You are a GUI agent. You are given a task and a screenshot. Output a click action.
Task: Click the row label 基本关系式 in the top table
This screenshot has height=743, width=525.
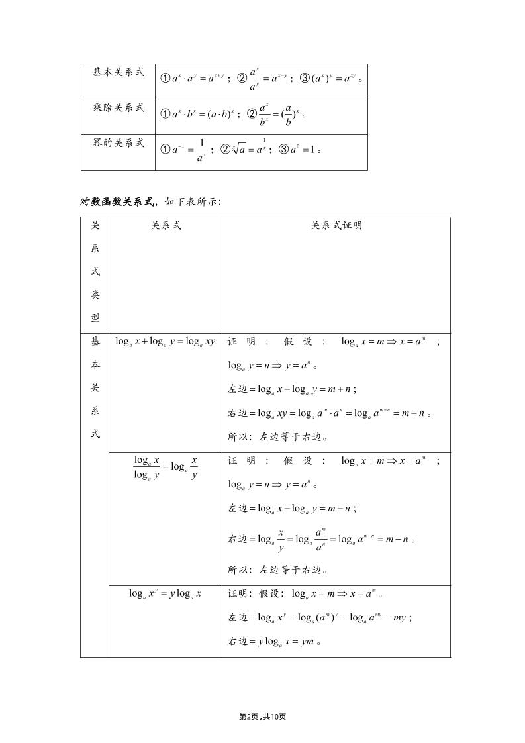119,72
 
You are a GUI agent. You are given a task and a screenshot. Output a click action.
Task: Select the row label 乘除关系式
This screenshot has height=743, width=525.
119,107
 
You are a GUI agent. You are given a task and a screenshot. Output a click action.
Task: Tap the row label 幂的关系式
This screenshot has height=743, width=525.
119,143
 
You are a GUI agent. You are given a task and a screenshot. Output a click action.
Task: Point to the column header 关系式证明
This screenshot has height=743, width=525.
336,226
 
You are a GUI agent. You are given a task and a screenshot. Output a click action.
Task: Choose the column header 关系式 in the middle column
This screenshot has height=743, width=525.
166,226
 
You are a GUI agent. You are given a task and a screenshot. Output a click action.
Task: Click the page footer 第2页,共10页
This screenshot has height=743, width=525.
262,717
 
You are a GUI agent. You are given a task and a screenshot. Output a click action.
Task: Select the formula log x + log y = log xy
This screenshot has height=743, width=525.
166,342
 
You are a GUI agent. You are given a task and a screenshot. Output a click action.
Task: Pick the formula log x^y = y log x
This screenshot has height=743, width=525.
166,593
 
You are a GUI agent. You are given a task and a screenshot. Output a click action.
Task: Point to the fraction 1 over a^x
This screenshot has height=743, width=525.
201,150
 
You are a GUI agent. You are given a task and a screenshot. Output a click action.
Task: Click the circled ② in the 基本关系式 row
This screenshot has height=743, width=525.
242,78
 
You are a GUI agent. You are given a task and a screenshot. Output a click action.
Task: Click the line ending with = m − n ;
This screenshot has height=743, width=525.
293,509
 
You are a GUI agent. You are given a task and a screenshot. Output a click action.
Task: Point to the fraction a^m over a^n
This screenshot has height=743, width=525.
320,539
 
